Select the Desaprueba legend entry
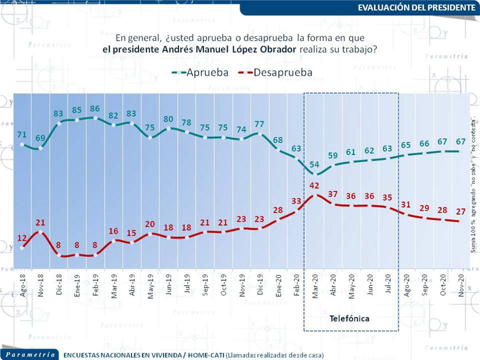pos(276,72)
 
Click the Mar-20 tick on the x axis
pos(315,285)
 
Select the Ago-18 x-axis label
pos(22,285)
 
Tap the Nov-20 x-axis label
pos(461,285)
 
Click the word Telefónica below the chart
pos(349,318)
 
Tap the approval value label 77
pos(259,124)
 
